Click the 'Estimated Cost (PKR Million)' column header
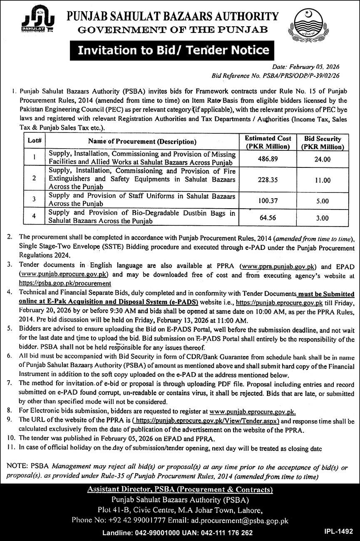[x=267, y=142]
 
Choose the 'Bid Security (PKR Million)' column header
[x=323, y=142]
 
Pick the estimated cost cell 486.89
[x=267, y=159]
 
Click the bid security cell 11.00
[x=323, y=180]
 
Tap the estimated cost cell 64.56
[x=267, y=218]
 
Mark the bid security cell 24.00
[x=323, y=159]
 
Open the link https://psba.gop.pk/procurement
[x=65, y=284]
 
